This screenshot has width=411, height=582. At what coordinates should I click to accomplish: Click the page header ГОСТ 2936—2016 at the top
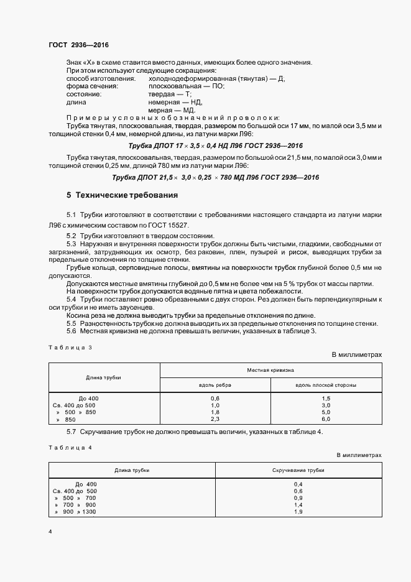pyautogui.click(x=79, y=45)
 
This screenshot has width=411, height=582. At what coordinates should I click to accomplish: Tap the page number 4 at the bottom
pyautogui.click(x=50, y=532)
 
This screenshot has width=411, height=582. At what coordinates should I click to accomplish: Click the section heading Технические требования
pyautogui.click(x=122, y=195)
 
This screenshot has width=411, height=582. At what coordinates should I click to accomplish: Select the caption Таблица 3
pyautogui.click(x=70, y=348)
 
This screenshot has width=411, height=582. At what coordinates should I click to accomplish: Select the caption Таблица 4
pyautogui.click(x=70, y=446)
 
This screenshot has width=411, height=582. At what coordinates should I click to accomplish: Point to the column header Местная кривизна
pyautogui.click(x=270, y=369)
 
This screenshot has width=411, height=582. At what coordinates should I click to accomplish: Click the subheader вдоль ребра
pyautogui.click(x=215, y=385)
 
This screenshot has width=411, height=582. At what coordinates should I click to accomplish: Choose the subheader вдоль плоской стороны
pyautogui.click(x=326, y=385)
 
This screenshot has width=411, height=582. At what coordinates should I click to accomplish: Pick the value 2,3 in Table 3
pyautogui.click(x=215, y=420)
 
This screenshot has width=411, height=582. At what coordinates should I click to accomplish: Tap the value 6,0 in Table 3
pyautogui.click(x=326, y=420)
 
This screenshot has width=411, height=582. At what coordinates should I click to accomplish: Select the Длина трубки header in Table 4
pyautogui.click(x=131, y=470)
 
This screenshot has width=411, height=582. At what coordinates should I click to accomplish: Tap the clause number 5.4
pyautogui.click(x=71, y=299)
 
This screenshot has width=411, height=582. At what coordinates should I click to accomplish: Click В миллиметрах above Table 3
pyautogui.click(x=356, y=354)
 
